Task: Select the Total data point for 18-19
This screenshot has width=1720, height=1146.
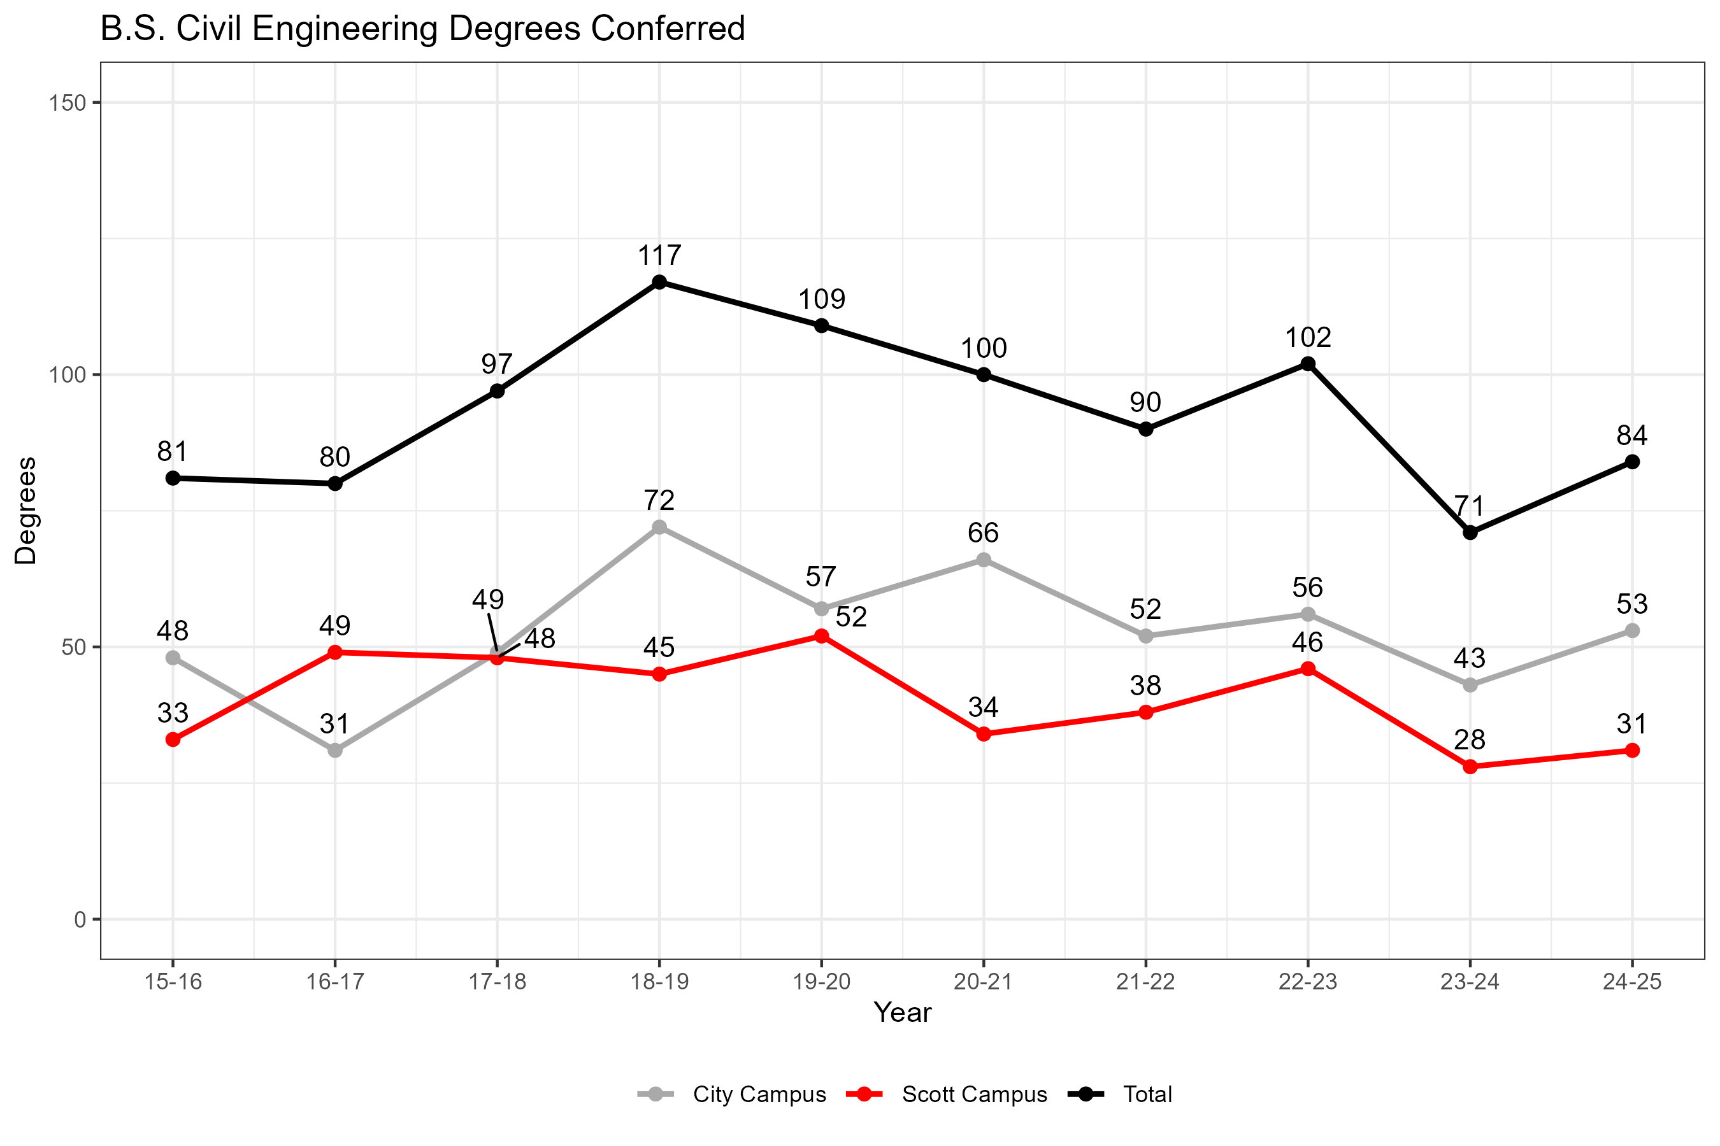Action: pos(659,282)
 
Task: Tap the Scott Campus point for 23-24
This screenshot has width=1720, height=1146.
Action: pos(1470,767)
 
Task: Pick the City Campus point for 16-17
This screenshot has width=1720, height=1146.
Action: pos(335,751)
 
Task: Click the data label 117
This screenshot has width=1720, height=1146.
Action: pos(659,256)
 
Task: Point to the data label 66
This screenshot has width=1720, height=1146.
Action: pos(983,533)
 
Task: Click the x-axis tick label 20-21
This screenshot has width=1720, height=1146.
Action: pos(983,982)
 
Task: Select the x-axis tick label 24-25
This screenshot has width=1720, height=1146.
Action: pos(1631,982)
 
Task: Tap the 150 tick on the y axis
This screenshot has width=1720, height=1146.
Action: pos(68,103)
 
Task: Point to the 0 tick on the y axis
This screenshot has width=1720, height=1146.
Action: pos(80,919)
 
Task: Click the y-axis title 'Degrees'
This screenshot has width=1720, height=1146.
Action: pos(26,511)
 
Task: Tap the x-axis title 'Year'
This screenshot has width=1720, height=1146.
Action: pos(903,1013)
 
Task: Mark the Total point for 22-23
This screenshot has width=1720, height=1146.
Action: pos(1308,364)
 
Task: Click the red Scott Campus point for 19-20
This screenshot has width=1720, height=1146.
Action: pos(821,637)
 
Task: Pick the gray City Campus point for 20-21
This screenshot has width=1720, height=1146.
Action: pos(984,560)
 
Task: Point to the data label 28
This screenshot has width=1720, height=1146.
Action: pos(1469,740)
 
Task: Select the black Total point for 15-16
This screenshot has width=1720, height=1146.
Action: pos(173,478)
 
